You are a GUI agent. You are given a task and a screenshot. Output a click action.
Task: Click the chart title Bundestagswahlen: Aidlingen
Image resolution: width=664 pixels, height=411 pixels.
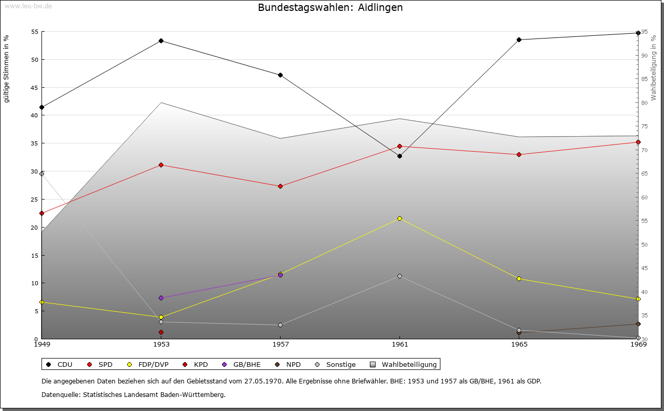[x=330, y=8]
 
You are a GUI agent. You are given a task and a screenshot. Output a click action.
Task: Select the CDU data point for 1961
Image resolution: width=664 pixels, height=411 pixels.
[x=399, y=156]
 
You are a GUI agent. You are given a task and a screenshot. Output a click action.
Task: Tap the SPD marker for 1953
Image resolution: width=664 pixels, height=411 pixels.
[x=161, y=165]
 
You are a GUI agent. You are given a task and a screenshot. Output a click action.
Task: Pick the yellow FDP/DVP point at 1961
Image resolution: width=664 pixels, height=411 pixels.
[x=399, y=218]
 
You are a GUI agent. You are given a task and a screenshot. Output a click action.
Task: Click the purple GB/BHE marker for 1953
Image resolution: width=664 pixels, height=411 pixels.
[x=161, y=298]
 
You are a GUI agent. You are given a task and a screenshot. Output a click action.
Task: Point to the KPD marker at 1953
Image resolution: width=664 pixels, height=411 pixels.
[x=161, y=332]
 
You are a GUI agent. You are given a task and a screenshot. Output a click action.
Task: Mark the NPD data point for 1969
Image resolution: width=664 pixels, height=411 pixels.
[x=638, y=324]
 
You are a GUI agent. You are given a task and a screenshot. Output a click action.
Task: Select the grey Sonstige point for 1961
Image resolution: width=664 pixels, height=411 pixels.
[x=399, y=276]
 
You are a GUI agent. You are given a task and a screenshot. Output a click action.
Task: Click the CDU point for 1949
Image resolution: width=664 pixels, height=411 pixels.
[x=41, y=107]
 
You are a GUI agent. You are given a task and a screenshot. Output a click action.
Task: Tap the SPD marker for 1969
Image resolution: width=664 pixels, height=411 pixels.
[x=638, y=142]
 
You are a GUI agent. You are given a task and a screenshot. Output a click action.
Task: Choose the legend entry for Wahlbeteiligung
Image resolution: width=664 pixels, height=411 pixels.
[x=404, y=364]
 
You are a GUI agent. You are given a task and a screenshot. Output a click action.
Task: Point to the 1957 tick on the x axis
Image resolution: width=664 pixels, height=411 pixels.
[x=280, y=344]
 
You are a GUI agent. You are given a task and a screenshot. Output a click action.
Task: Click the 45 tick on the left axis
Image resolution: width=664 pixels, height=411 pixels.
[x=34, y=87]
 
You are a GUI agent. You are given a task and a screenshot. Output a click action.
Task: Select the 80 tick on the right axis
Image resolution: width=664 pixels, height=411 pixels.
[x=644, y=102]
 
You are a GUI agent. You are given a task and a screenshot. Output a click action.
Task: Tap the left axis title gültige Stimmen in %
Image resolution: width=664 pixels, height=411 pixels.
[x=7, y=69]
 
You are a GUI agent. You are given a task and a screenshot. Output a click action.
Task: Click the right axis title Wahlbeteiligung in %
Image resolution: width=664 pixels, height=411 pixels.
[x=654, y=68]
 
